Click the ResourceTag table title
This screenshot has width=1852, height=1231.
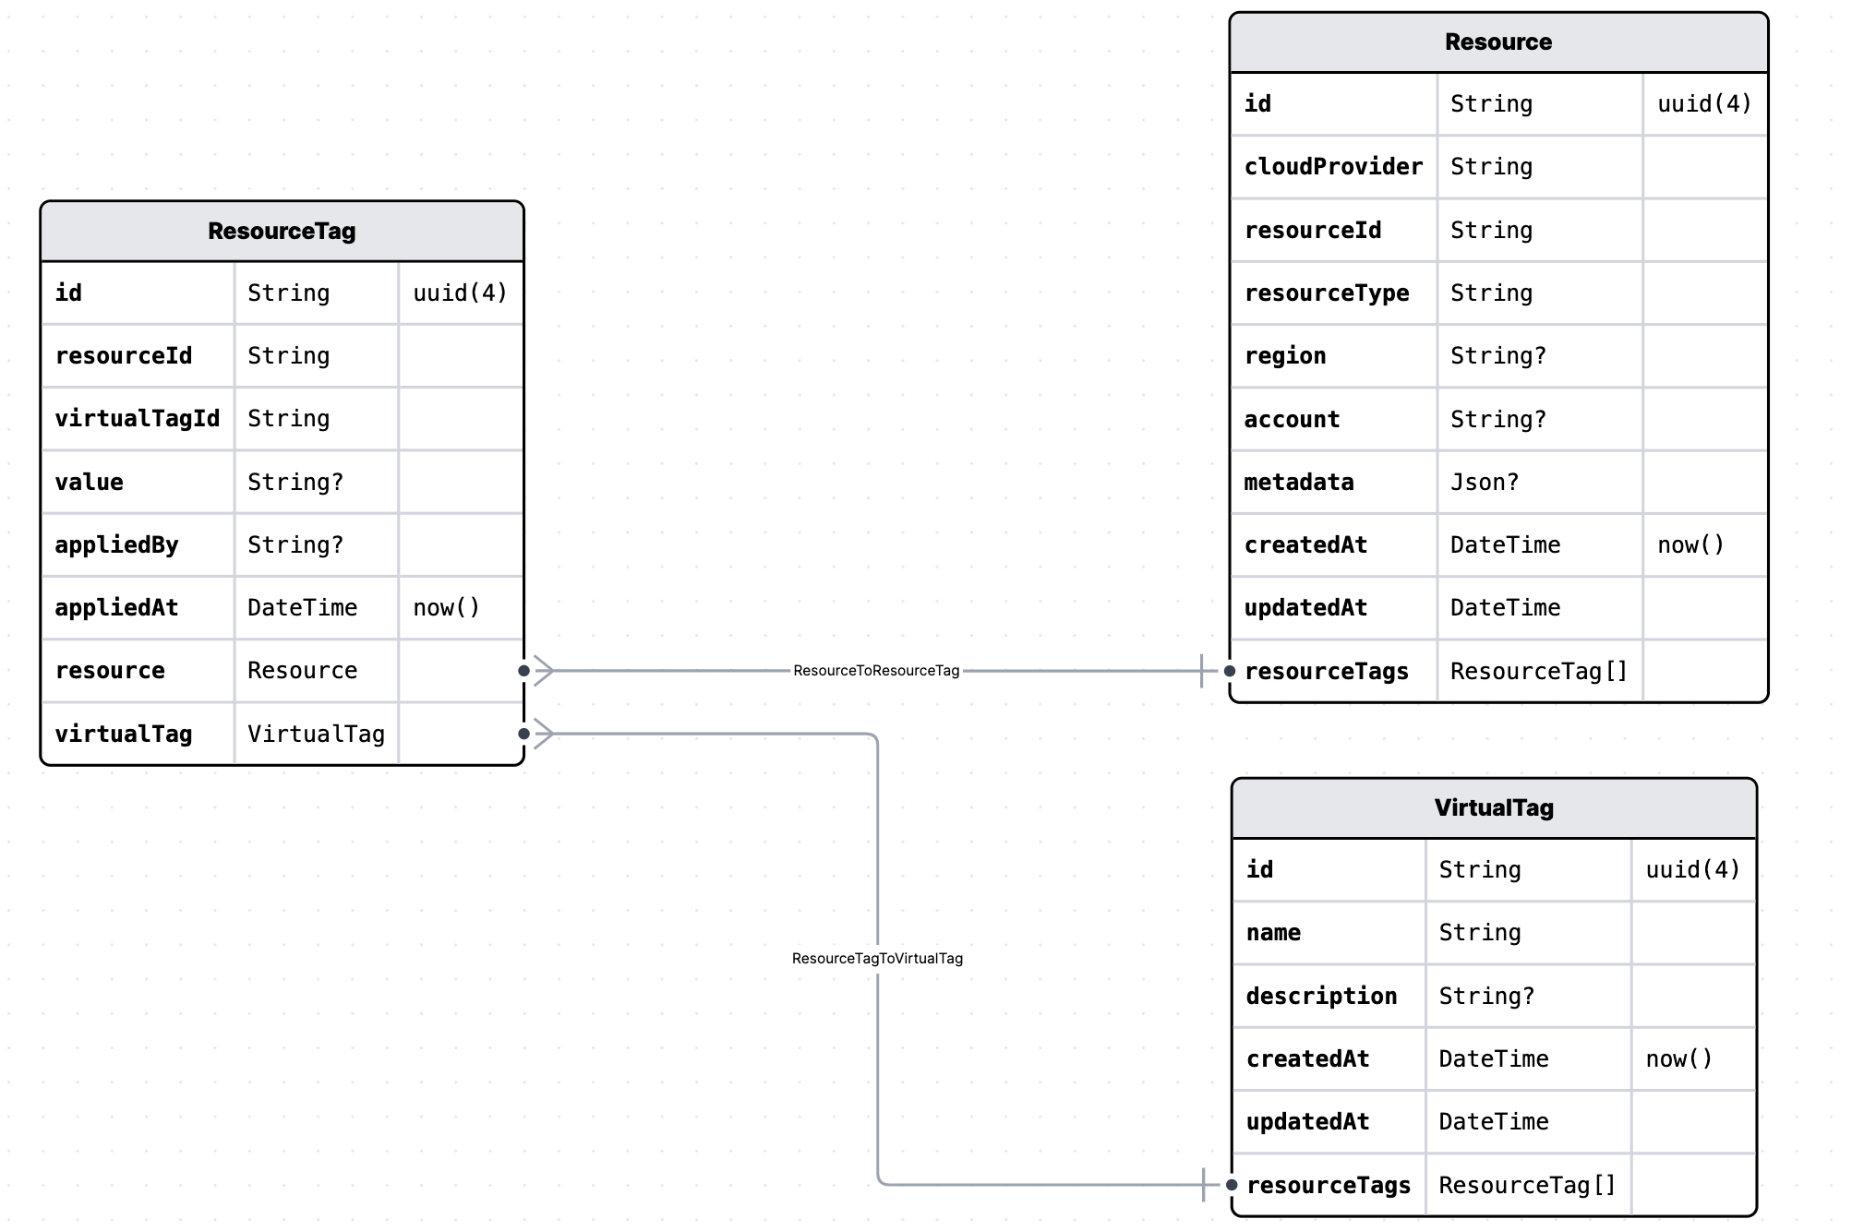pos(282,231)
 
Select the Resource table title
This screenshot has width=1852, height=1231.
pos(1497,42)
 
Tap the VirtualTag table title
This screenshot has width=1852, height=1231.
pos(1493,807)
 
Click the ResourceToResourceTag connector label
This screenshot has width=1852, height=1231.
pos(875,671)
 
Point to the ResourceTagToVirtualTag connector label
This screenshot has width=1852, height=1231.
pos(877,958)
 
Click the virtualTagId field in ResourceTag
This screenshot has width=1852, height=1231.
pos(137,419)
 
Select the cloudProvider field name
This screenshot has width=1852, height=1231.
pos(1333,167)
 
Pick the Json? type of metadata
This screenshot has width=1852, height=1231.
pos(1484,482)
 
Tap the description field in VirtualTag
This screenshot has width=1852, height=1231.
pos(1320,996)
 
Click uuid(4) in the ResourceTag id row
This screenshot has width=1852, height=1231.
pos(460,293)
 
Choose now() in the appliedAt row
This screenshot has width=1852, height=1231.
pos(446,608)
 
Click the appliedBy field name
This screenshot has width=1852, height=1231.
pos(116,544)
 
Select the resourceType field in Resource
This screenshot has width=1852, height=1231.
pos(1326,293)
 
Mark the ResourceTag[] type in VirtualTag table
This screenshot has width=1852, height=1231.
pos(1527,1185)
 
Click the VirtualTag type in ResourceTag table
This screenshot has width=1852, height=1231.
pos(316,734)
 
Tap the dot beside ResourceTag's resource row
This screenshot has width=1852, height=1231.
pos(523,671)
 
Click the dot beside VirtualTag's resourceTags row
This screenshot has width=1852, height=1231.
pos(1232,1185)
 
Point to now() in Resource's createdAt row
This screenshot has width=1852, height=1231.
pos(1690,544)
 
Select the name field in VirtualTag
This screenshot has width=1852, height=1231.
pos(1273,933)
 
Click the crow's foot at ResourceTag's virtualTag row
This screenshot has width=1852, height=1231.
pos(543,734)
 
